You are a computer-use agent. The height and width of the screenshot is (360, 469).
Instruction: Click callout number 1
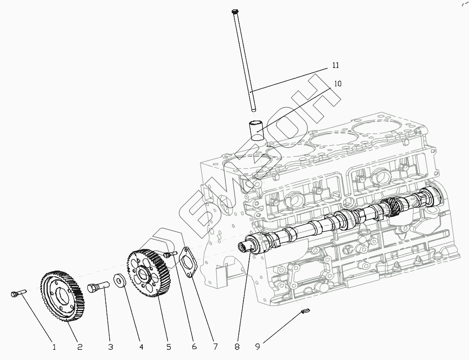click(x=54, y=347)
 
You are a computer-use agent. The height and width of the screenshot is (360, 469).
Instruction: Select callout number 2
click(x=79, y=347)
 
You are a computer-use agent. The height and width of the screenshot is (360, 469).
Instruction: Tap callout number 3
click(x=110, y=347)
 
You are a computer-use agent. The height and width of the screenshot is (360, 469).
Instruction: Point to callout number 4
click(x=141, y=347)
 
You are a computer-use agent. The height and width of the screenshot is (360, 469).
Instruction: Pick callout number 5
click(x=169, y=347)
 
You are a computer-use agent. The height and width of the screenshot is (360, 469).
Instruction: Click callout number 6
click(x=194, y=347)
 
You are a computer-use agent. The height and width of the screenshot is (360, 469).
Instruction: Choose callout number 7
click(x=215, y=347)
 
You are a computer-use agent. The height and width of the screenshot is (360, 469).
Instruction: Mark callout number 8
click(x=237, y=347)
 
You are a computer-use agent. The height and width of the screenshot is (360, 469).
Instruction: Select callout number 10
click(x=338, y=84)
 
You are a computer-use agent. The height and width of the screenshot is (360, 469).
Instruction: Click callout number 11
click(x=336, y=65)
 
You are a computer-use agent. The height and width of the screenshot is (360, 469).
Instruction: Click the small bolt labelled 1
click(x=17, y=293)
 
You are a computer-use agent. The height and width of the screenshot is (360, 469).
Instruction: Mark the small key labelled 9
click(x=304, y=312)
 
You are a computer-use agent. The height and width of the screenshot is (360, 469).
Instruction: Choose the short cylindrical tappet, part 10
click(x=256, y=130)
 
